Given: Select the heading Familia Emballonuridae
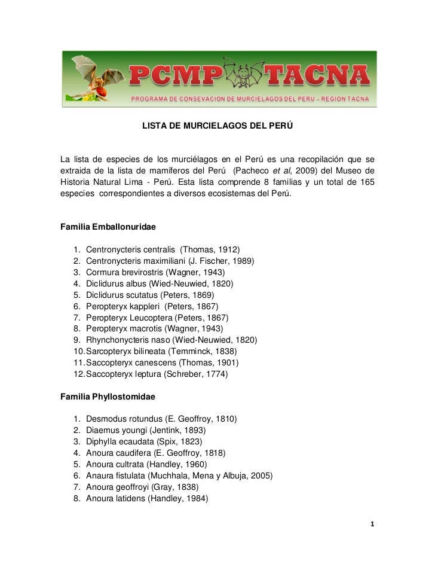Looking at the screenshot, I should [x=107, y=227].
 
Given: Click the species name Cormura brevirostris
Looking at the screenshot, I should [x=124, y=272].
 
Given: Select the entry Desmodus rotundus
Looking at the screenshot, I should [x=124, y=419].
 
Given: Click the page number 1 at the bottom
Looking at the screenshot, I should [x=372, y=525].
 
